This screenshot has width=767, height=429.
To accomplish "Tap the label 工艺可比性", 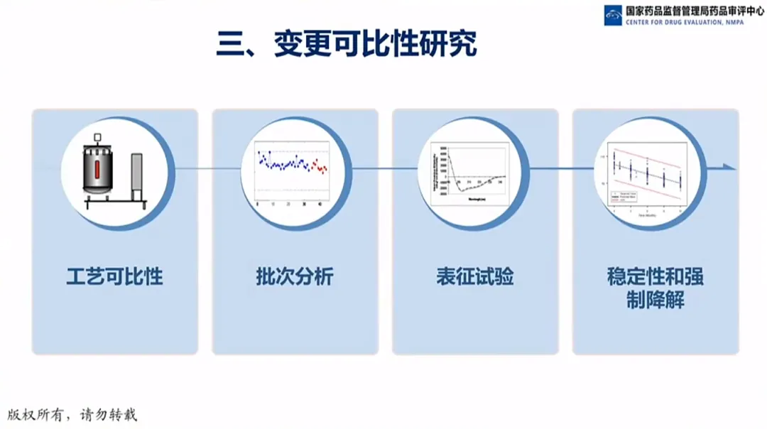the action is (114, 276).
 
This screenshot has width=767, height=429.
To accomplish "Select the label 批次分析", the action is (295, 276).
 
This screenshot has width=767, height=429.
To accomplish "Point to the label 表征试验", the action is (475, 276).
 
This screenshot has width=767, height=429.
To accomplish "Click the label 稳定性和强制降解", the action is (655, 288).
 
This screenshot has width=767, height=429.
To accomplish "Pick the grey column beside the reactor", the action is (137, 178).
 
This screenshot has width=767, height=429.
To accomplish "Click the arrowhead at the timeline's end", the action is (731, 168).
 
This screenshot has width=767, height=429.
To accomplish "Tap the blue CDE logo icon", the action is (613, 16).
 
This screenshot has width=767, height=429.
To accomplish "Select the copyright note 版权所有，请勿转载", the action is (72, 414).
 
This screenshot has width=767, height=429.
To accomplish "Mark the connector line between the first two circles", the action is (192, 168).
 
